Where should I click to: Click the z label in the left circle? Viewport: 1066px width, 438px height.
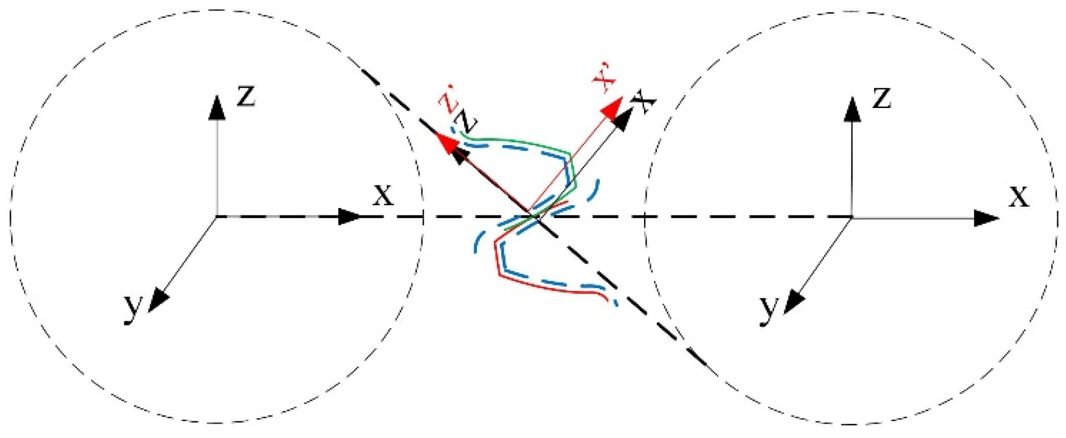click(x=246, y=96)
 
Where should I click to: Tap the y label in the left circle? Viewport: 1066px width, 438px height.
click(x=133, y=308)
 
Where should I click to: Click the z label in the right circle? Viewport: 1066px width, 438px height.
click(x=882, y=99)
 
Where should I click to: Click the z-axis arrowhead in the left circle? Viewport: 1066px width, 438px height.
click(x=216, y=108)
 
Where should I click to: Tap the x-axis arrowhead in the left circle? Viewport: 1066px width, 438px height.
click(x=350, y=217)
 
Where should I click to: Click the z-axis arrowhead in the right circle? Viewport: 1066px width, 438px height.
click(x=852, y=109)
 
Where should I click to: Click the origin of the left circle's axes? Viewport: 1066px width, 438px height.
click(x=216, y=217)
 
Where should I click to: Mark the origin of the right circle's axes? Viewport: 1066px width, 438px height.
click(x=852, y=218)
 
